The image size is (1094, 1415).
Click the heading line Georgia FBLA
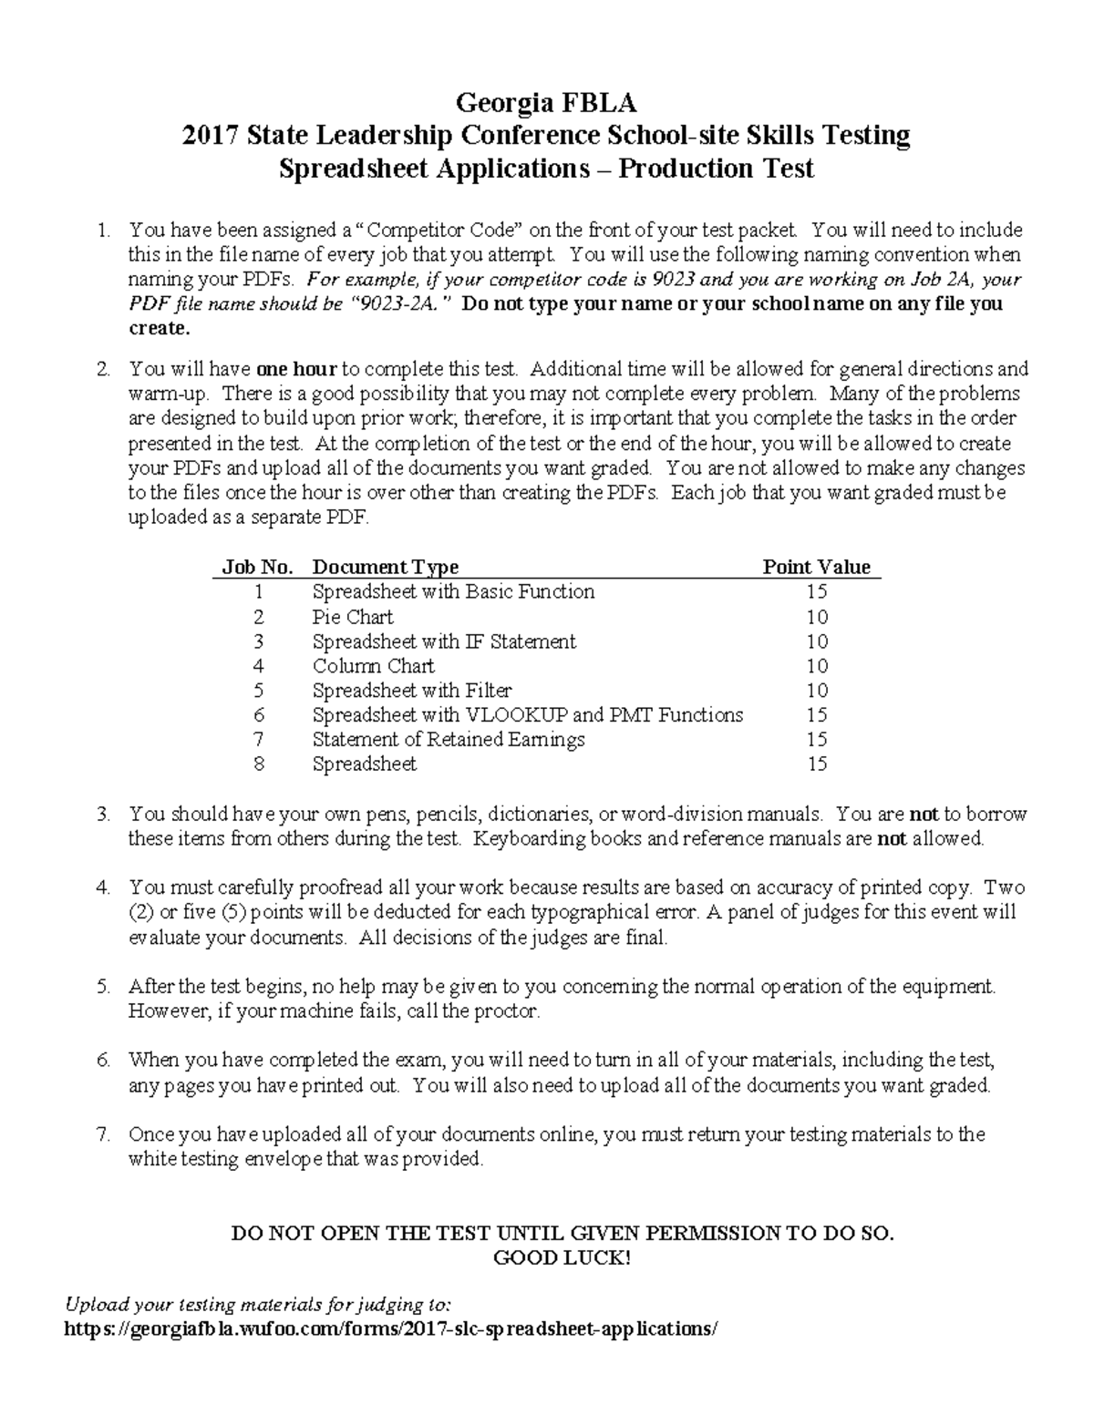pos(546,100)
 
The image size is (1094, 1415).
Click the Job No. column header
pos(258,567)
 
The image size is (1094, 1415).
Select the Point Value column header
pos(816,567)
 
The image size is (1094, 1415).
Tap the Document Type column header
pos(385,567)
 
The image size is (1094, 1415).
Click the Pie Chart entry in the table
pos(353,617)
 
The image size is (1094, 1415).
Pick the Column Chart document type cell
pos(373,666)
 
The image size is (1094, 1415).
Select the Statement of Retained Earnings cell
pos(449,740)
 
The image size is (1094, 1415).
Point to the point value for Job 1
pos(816,592)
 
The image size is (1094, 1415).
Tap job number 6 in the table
pos(259,715)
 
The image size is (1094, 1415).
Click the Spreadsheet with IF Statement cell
pos(444,641)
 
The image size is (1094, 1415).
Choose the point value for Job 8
pos(816,764)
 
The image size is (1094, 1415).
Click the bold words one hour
pos(296,370)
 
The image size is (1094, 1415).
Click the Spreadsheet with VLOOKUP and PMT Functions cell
pos(527,715)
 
